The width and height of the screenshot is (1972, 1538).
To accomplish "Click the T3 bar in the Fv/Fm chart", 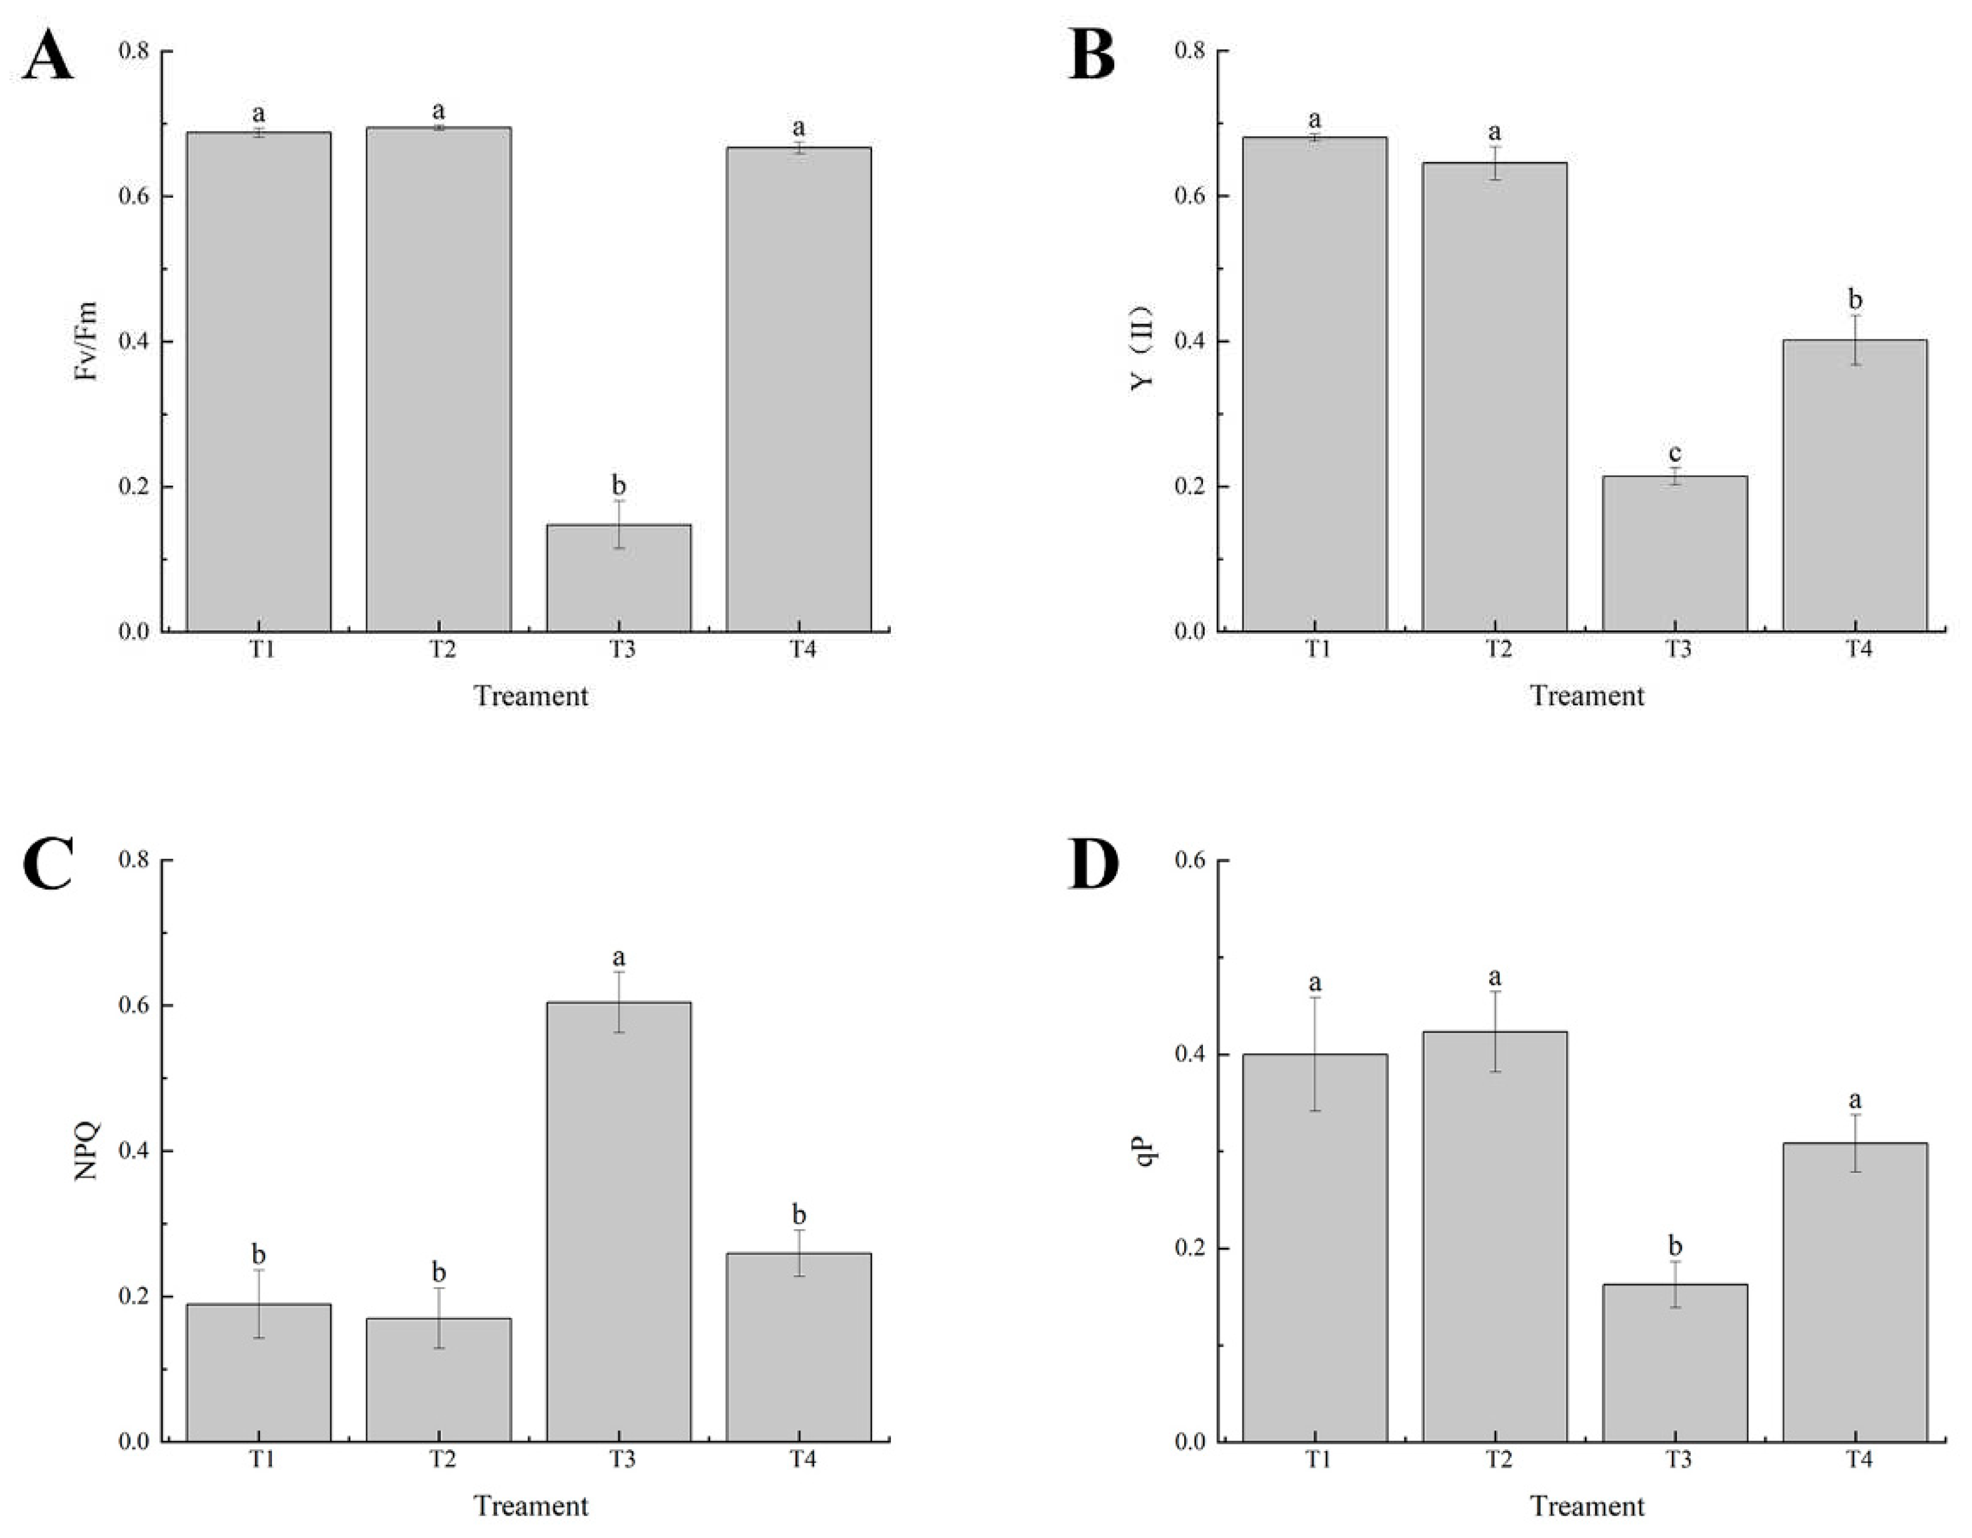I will pyautogui.click(x=618, y=578).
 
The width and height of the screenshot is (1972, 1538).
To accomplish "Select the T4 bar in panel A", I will pyautogui.click(x=798, y=388).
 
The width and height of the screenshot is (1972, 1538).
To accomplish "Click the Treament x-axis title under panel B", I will pyautogui.click(x=1586, y=696).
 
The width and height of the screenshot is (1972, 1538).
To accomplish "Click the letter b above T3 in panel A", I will pyautogui.click(x=618, y=486).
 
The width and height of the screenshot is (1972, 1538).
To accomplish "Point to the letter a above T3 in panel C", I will pyautogui.click(x=618, y=957).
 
